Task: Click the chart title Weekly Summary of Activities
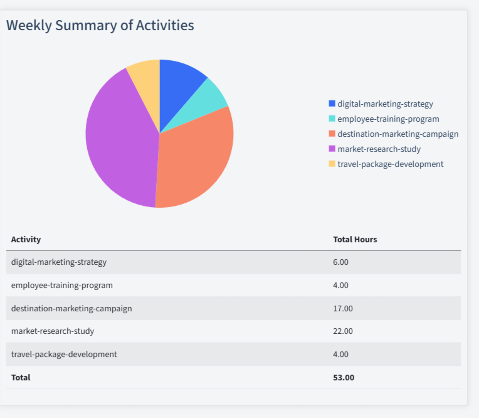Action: point(100,25)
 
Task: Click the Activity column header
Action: point(26,240)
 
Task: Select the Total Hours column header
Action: point(355,240)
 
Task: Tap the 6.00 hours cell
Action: point(340,262)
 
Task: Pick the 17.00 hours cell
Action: point(343,308)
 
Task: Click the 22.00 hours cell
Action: point(343,331)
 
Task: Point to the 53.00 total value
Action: point(344,377)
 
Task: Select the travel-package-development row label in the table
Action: point(64,354)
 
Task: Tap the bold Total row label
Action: point(21,377)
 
